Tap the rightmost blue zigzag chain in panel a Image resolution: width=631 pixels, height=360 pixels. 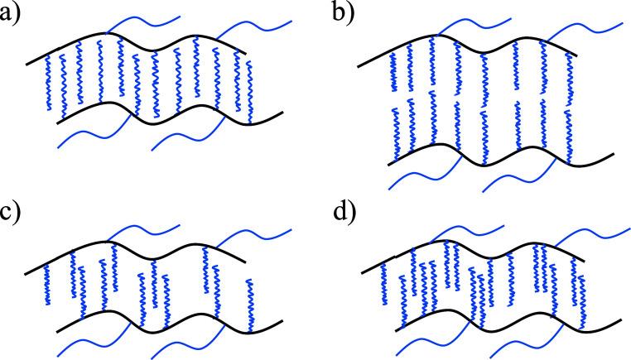point(249,91)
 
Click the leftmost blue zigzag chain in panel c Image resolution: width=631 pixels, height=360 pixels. point(47,286)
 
